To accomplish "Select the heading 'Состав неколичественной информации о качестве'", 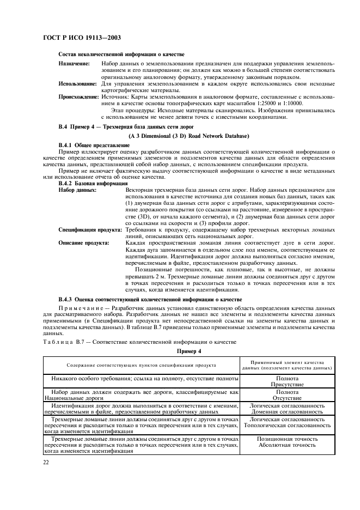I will click(x=121, y=54).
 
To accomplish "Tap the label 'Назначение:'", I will click(x=74, y=64).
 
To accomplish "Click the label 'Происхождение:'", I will click(x=78, y=96).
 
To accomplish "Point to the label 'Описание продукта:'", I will click(x=84, y=243).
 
